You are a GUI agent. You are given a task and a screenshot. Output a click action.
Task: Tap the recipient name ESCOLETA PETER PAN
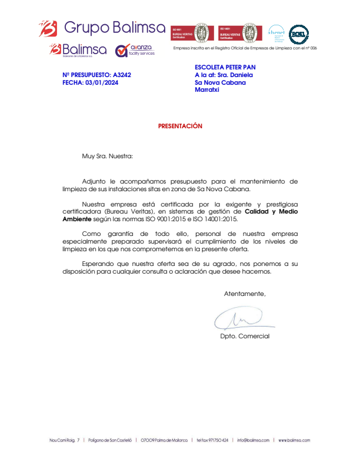[x=225, y=67]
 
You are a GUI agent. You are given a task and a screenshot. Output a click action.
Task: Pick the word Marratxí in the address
[x=206, y=90]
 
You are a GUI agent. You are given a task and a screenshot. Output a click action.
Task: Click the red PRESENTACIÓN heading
[x=180, y=126]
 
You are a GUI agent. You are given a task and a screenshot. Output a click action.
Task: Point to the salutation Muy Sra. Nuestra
[x=107, y=157]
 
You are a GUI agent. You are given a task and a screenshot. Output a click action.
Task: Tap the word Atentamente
[x=245, y=293]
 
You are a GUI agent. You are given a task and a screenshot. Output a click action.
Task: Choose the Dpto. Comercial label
[x=245, y=336]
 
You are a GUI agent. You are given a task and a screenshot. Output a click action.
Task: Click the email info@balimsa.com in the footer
[x=253, y=440]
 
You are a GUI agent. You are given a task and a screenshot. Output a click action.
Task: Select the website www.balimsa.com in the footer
[x=294, y=440]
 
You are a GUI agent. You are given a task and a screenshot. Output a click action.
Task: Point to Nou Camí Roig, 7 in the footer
[x=64, y=440]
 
